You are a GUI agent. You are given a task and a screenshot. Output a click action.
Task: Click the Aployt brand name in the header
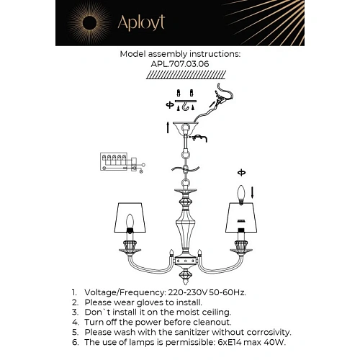point(141,23)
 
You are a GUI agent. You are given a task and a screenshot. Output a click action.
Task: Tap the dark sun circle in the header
point(89,23)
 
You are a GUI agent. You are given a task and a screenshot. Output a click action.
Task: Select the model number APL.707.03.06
point(180,64)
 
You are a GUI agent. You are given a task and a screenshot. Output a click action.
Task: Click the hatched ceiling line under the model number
point(186,75)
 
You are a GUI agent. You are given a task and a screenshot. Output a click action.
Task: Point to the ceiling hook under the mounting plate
point(185,107)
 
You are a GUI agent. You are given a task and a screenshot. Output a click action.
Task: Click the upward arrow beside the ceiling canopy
point(168,127)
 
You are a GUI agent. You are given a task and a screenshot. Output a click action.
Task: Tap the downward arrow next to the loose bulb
point(252,193)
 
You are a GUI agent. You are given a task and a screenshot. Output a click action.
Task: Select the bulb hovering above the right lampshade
point(241,194)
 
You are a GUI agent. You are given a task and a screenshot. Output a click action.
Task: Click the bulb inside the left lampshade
point(130,221)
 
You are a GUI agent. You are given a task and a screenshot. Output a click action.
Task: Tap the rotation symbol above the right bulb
point(241,173)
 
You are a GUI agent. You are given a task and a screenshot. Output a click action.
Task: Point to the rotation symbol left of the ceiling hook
point(170,105)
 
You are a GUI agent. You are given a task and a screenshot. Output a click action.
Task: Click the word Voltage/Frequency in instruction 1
point(125,292)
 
